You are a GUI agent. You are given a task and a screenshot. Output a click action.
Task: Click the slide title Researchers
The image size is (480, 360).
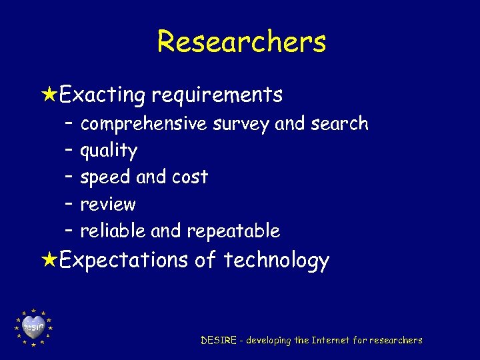pos(241,42)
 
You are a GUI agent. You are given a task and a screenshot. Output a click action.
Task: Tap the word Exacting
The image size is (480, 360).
pos(102,95)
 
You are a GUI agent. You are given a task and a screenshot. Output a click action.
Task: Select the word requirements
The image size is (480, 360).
pos(217,95)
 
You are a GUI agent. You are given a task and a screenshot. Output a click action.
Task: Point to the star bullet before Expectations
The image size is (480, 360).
pos(49,259)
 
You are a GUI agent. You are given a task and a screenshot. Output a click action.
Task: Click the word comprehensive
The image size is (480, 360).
pos(143,124)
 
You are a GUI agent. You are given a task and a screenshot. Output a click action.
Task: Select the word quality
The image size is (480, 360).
pos(109,151)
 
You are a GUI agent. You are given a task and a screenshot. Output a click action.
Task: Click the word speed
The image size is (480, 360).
pos(105,177)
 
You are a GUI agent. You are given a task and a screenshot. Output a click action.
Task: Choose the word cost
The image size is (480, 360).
pos(190,177)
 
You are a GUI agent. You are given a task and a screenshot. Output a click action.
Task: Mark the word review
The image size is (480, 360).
pos(108,204)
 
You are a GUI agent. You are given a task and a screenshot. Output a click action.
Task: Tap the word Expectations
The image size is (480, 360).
pos(124,259)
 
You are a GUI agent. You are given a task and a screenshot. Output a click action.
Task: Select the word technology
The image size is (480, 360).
pos(277,260)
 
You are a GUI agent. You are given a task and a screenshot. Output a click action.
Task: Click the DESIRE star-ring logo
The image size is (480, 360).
pos(33,327)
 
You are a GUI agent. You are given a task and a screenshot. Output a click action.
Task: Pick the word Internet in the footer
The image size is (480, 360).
pos(331,341)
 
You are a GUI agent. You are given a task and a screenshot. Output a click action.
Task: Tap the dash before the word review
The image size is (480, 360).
pos(69,204)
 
